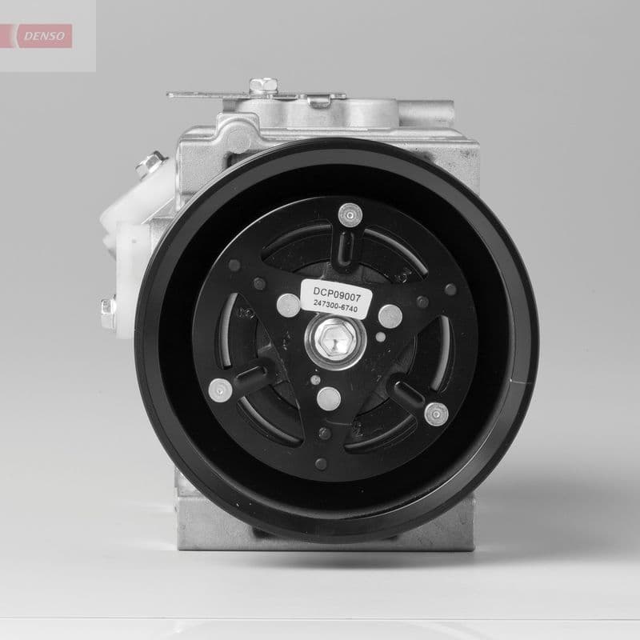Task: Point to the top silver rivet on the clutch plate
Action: point(347,214)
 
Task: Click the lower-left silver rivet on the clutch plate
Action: point(218,390)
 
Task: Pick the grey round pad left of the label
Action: point(286,303)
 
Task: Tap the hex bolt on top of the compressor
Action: point(258,85)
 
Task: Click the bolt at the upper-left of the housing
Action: point(147,167)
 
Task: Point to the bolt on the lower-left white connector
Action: point(108,306)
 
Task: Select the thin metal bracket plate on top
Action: point(216,96)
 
